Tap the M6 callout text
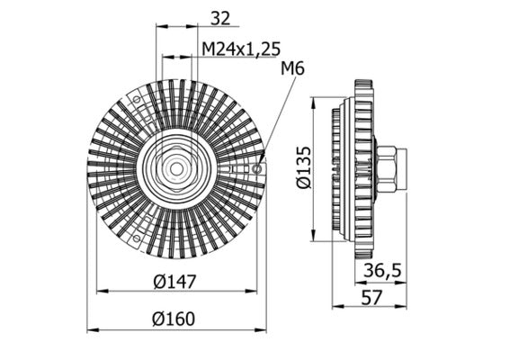click(x=293, y=68)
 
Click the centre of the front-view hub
click(x=176, y=168)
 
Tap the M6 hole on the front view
click(x=258, y=168)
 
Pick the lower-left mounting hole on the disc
click(x=136, y=239)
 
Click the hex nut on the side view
click(x=389, y=168)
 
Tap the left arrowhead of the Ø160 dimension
click(x=90, y=330)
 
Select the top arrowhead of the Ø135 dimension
click(x=313, y=100)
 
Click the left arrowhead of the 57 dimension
click(x=335, y=306)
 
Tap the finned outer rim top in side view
click(x=364, y=86)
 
